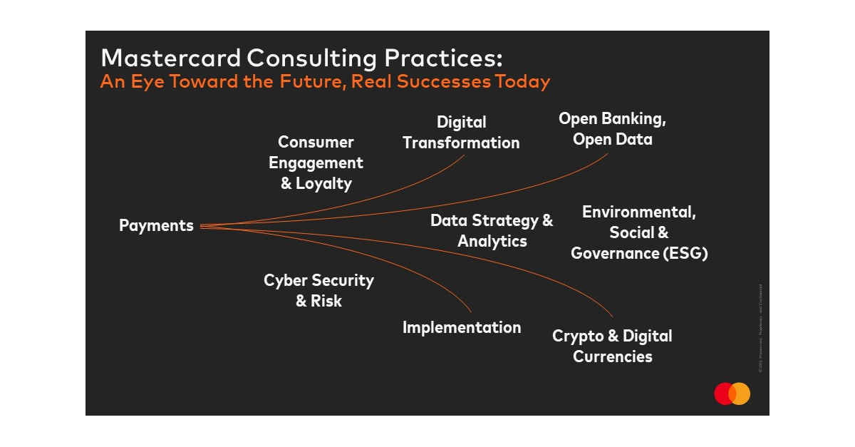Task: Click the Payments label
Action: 156,226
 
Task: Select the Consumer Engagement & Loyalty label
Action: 316,163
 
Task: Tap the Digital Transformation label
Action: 461,133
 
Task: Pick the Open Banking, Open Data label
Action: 612,129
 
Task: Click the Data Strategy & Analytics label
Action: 492,230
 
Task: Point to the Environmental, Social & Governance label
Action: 639,232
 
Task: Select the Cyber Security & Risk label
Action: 318,290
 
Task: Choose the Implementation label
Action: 462,327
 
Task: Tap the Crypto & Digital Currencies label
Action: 612,346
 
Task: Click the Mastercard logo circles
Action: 732,394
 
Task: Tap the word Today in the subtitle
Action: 522,81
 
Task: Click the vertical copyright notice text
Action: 760,328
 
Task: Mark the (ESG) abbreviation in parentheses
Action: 684,253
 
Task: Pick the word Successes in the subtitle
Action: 443,81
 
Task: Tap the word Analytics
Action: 492,241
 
